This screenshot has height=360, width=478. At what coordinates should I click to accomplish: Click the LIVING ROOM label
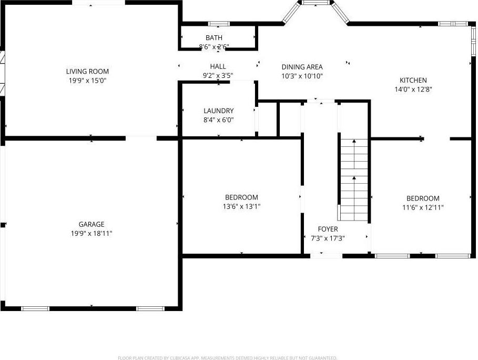[87, 72]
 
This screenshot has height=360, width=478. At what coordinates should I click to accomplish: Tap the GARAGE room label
[91, 224]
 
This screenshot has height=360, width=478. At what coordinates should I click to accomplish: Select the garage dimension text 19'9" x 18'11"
[91, 233]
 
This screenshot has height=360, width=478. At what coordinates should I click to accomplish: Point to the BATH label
[214, 38]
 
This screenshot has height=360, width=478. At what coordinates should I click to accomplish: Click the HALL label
[218, 67]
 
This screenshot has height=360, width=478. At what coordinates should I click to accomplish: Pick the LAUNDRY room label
[218, 111]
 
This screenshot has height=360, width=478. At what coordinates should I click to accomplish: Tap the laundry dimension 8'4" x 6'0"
[218, 120]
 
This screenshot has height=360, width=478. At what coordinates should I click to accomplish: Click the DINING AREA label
[302, 67]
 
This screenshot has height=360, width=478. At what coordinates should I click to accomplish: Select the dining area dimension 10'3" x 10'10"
[302, 76]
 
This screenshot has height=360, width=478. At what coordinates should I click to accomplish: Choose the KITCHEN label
[413, 81]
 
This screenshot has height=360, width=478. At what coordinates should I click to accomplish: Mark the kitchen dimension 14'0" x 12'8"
[413, 89]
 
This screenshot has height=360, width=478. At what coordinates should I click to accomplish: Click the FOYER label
[328, 229]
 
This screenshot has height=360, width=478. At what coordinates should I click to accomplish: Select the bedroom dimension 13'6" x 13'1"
[241, 207]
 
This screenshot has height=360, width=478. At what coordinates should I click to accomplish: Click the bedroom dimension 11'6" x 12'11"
[423, 207]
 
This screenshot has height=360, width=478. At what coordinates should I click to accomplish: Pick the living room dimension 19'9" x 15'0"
[87, 81]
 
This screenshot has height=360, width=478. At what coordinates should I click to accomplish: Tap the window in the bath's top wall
[219, 24]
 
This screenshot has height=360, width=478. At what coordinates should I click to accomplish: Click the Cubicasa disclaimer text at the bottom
[227, 357]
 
